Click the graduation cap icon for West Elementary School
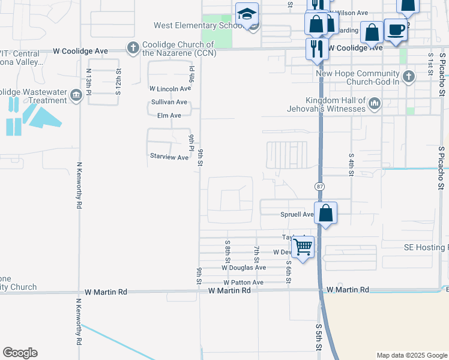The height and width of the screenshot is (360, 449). [x=247, y=14]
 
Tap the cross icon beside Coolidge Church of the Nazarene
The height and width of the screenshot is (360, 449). [x=133, y=47]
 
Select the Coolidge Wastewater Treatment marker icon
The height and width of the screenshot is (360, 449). [x=76, y=95]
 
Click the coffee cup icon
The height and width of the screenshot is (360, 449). [x=396, y=31]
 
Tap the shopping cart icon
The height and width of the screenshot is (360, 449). [x=303, y=246]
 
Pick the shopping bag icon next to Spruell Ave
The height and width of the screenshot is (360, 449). [x=325, y=213]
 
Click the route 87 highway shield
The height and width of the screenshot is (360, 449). [x=320, y=187]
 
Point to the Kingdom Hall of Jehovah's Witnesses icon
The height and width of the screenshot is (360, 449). [x=374, y=104]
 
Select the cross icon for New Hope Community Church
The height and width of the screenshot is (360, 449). [x=408, y=76]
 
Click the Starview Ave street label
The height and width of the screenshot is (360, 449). [x=169, y=157]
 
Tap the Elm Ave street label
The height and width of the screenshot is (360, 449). [x=169, y=115]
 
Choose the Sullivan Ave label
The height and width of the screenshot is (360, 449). [x=169, y=102]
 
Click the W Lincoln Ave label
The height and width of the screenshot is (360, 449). [x=170, y=88]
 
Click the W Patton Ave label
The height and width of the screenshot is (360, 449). [x=243, y=282]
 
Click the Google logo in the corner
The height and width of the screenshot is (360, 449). [x=20, y=353]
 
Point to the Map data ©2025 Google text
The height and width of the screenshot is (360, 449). [x=411, y=355]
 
